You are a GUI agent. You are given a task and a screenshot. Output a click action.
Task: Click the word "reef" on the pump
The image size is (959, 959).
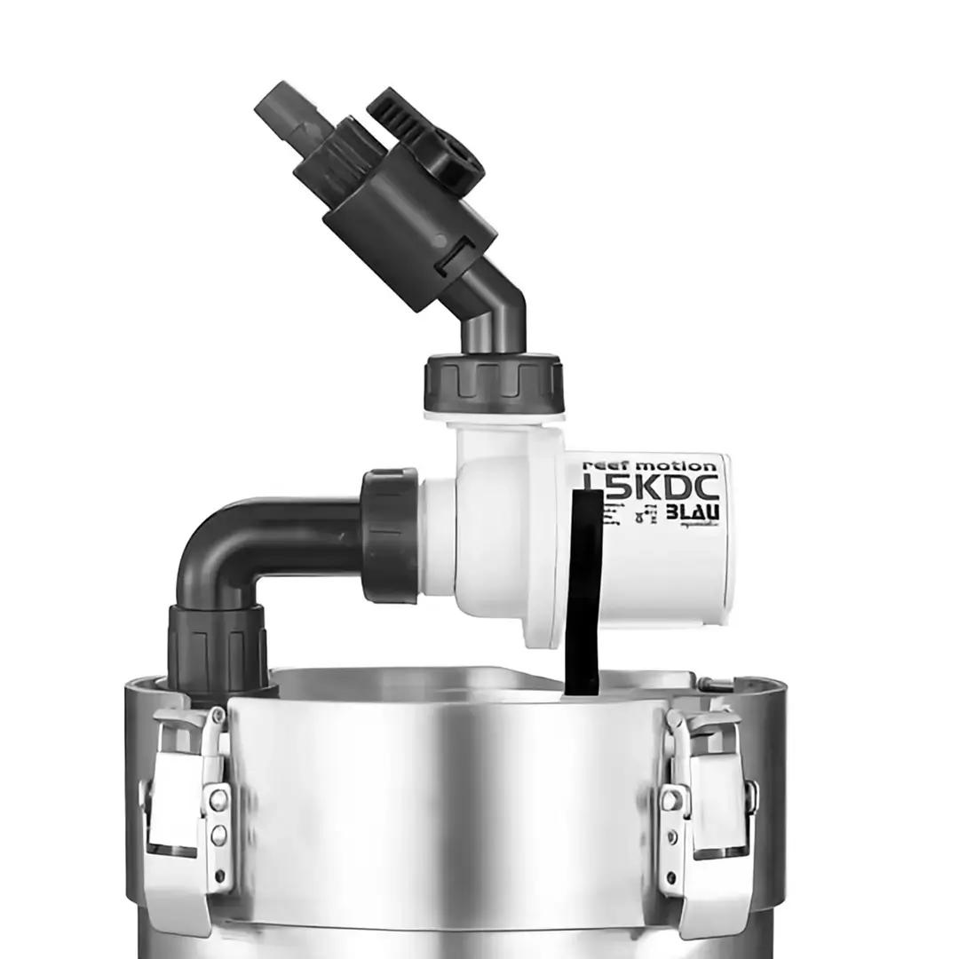(603, 464)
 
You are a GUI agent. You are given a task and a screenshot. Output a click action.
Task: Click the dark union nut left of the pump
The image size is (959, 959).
(390, 536)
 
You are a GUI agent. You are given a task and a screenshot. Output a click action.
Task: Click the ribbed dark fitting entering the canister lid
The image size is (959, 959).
(218, 648)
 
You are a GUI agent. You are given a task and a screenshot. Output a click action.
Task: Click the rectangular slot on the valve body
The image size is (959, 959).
(461, 258)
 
